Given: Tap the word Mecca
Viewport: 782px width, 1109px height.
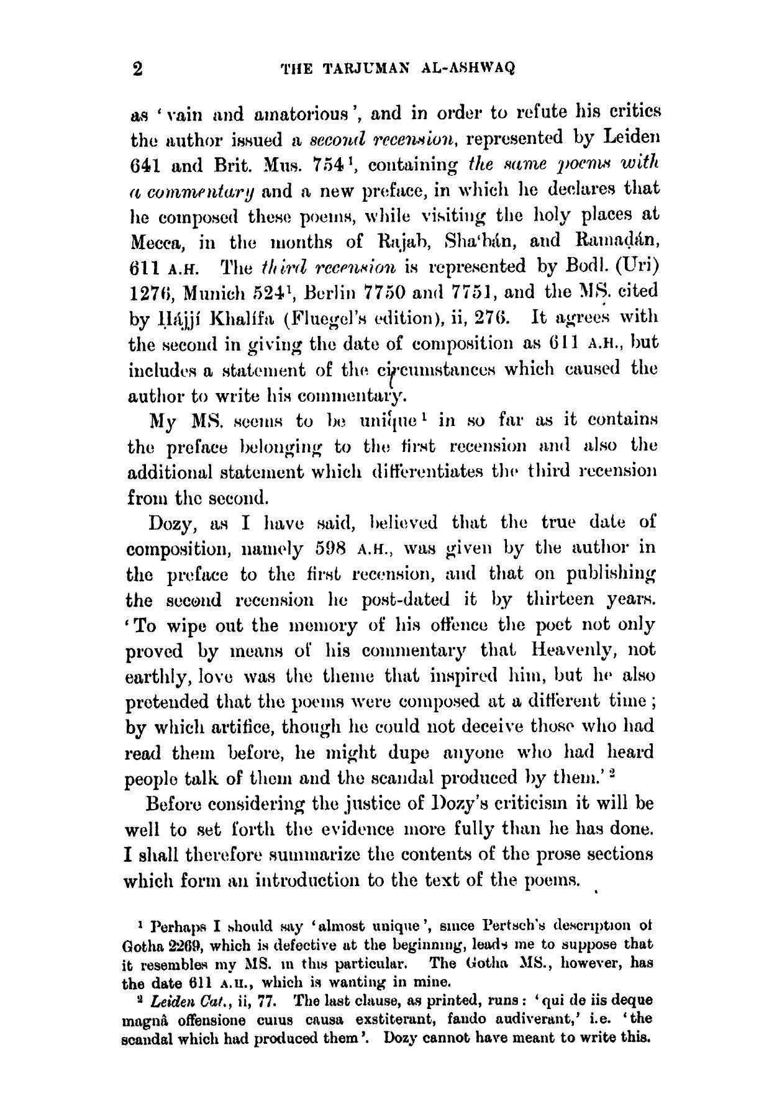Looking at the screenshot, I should tap(153, 241).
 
